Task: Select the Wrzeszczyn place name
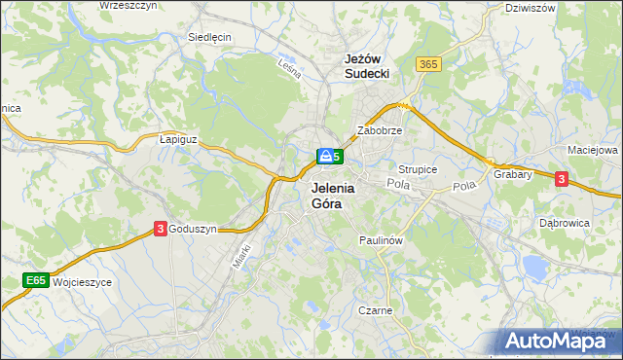click(x=128, y=6)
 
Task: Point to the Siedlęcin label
click(x=209, y=38)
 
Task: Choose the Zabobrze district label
click(x=380, y=129)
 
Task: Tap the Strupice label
click(x=419, y=169)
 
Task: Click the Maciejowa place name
click(x=593, y=151)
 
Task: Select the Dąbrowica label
click(x=565, y=223)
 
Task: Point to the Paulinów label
click(x=381, y=239)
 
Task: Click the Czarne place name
click(x=374, y=311)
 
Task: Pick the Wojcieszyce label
click(x=83, y=281)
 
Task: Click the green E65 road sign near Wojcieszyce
click(x=36, y=281)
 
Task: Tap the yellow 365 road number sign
click(x=428, y=64)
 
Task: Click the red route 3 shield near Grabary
click(x=562, y=178)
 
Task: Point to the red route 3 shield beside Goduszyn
click(x=160, y=229)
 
